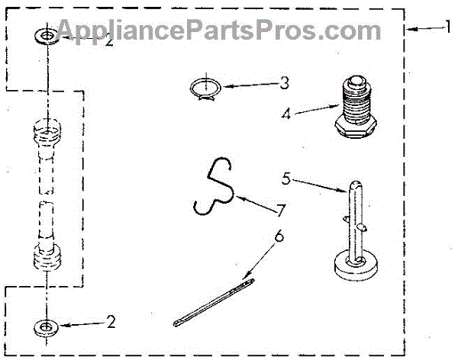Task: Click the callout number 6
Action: coord(279,236)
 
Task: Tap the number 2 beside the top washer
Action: coord(108,41)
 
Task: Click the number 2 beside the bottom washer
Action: coord(111,323)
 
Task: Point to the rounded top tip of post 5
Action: coord(356,184)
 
